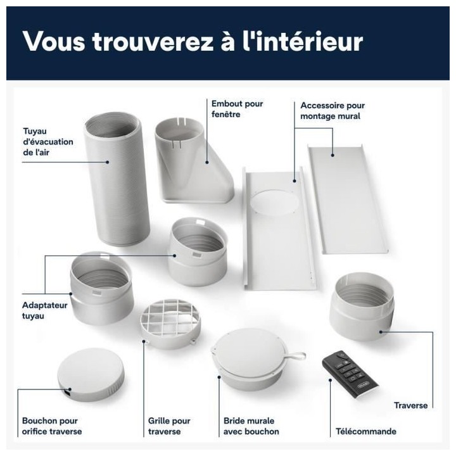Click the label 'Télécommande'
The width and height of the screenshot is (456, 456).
pos(365,432)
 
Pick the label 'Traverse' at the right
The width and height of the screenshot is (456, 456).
pos(410,405)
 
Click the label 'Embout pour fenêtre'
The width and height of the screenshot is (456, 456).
pos(237,108)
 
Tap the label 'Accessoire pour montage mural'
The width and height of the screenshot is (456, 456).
pos(332,111)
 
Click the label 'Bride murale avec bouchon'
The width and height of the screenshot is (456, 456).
pos(251,426)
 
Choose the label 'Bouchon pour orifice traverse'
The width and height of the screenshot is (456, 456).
pos(52,426)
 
